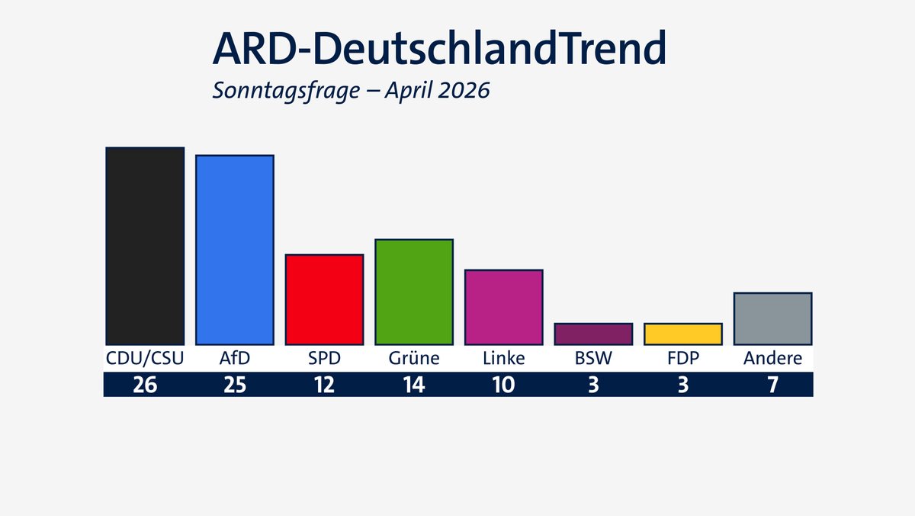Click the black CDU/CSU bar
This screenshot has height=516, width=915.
click(145, 246)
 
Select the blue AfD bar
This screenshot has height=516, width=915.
click(234, 250)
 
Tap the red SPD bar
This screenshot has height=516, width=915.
click(324, 299)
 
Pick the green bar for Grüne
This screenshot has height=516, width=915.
click(414, 292)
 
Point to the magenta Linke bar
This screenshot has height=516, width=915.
click(503, 307)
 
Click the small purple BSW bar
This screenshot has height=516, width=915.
click(593, 334)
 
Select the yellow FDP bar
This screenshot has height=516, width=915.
click(683, 334)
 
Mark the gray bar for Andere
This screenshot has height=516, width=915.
click(772, 318)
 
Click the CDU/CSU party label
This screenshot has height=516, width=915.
click(145, 358)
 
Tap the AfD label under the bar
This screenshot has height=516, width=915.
click(234, 358)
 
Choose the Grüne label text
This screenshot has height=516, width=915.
click(414, 358)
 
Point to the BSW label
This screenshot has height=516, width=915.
click(593, 358)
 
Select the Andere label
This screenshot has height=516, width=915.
click(772, 358)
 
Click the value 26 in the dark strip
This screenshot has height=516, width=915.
click(145, 385)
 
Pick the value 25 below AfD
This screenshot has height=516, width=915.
click(234, 385)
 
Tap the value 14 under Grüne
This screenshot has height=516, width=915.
click(414, 385)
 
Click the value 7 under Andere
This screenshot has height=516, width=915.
click(772, 385)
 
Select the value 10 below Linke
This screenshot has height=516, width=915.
click(503, 385)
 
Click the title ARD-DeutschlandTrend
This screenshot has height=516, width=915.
click(439, 49)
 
